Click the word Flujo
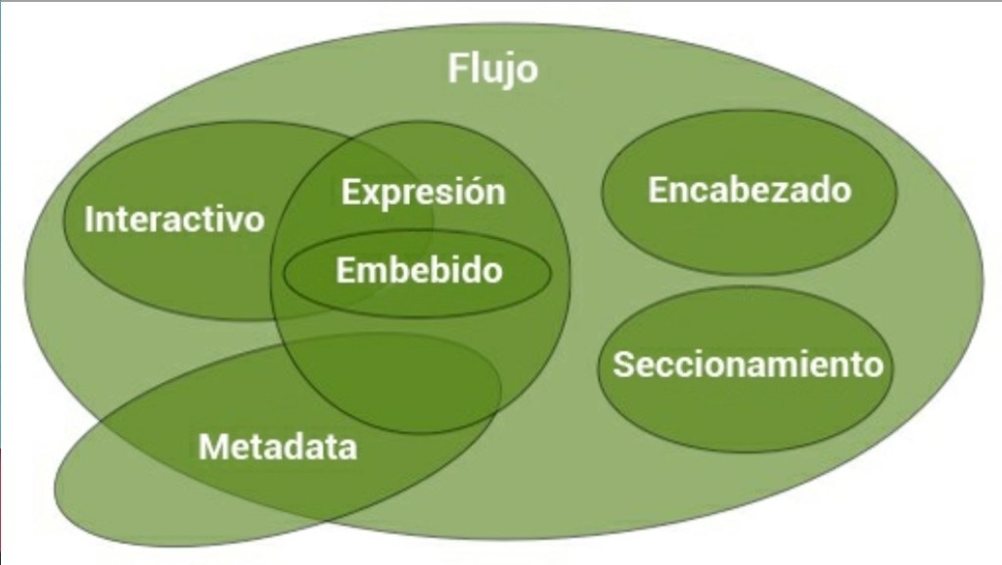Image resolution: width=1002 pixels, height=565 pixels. [x=492, y=70]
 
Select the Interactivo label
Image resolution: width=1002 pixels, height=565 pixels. [x=174, y=218]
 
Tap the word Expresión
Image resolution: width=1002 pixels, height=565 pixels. [x=423, y=191]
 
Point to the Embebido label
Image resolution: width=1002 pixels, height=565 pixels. [x=419, y=270]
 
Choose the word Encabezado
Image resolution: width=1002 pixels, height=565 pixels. [x=750, y=189]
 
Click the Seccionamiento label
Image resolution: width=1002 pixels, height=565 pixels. [x=748, y=364]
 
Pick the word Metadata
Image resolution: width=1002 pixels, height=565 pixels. [x=278, y=447]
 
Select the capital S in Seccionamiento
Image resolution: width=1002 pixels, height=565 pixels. [x=623, y=364]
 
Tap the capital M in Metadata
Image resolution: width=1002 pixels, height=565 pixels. [x=212, y=447]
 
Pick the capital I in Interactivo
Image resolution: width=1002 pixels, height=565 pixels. [x=89, y=218]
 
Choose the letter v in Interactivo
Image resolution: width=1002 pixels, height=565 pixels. [x=235, y=219]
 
